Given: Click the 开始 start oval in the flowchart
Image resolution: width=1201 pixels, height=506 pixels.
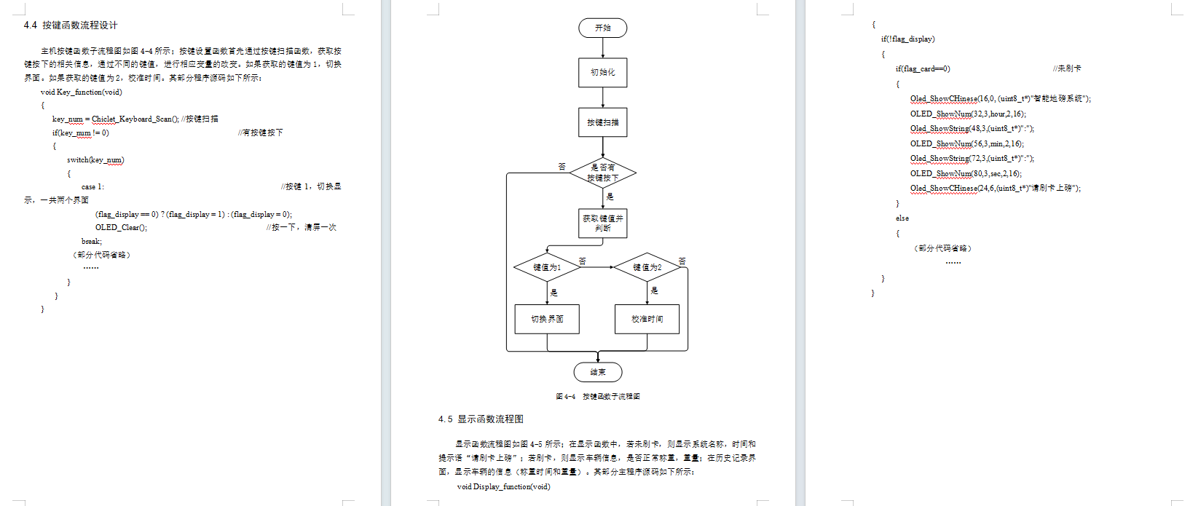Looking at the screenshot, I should [x=602, y=28].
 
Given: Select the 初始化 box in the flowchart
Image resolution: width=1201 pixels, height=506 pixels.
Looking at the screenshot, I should [x=602, y=72].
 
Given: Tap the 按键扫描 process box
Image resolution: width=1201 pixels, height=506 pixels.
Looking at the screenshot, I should [x=602, y=122].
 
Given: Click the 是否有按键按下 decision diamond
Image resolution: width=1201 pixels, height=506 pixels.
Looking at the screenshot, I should [x=602, y=173].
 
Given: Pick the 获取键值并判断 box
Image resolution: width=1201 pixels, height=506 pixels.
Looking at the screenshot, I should [x=602, y=223].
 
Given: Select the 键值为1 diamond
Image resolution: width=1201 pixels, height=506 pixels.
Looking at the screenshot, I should [x=547, y=267].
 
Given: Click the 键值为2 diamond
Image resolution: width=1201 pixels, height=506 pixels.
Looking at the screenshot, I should [x=647, y=267].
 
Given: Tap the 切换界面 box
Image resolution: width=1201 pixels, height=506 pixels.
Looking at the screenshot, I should [x=547, y=319].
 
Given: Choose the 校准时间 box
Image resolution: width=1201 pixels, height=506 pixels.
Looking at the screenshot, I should [x=647, y=319].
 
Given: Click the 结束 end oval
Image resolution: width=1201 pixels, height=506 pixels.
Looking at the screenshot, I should [x=597, y=372].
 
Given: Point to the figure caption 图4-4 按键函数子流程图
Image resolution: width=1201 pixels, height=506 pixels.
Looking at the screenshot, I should [x=597, y=397].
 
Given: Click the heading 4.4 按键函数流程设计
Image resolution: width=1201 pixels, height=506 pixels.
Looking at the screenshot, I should [x=71, y=25].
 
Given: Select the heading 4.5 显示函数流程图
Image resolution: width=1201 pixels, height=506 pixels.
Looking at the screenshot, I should [x=481, y=419].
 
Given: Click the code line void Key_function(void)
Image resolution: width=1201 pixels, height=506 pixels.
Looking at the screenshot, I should [x=81, y=92].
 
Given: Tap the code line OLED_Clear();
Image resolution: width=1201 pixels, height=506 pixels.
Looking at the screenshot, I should [x=121, y=227].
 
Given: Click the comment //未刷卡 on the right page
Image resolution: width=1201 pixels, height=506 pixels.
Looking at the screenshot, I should [x=1066, y=68].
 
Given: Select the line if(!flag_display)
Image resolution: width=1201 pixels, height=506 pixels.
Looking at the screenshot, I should [x=907, y=39].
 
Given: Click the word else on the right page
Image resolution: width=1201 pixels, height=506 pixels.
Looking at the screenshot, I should [x=902, y=218].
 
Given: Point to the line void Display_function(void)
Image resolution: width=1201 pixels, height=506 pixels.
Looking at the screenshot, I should [x=503, y=487].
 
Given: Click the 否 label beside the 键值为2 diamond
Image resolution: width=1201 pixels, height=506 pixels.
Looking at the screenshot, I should [x=682, y=261].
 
